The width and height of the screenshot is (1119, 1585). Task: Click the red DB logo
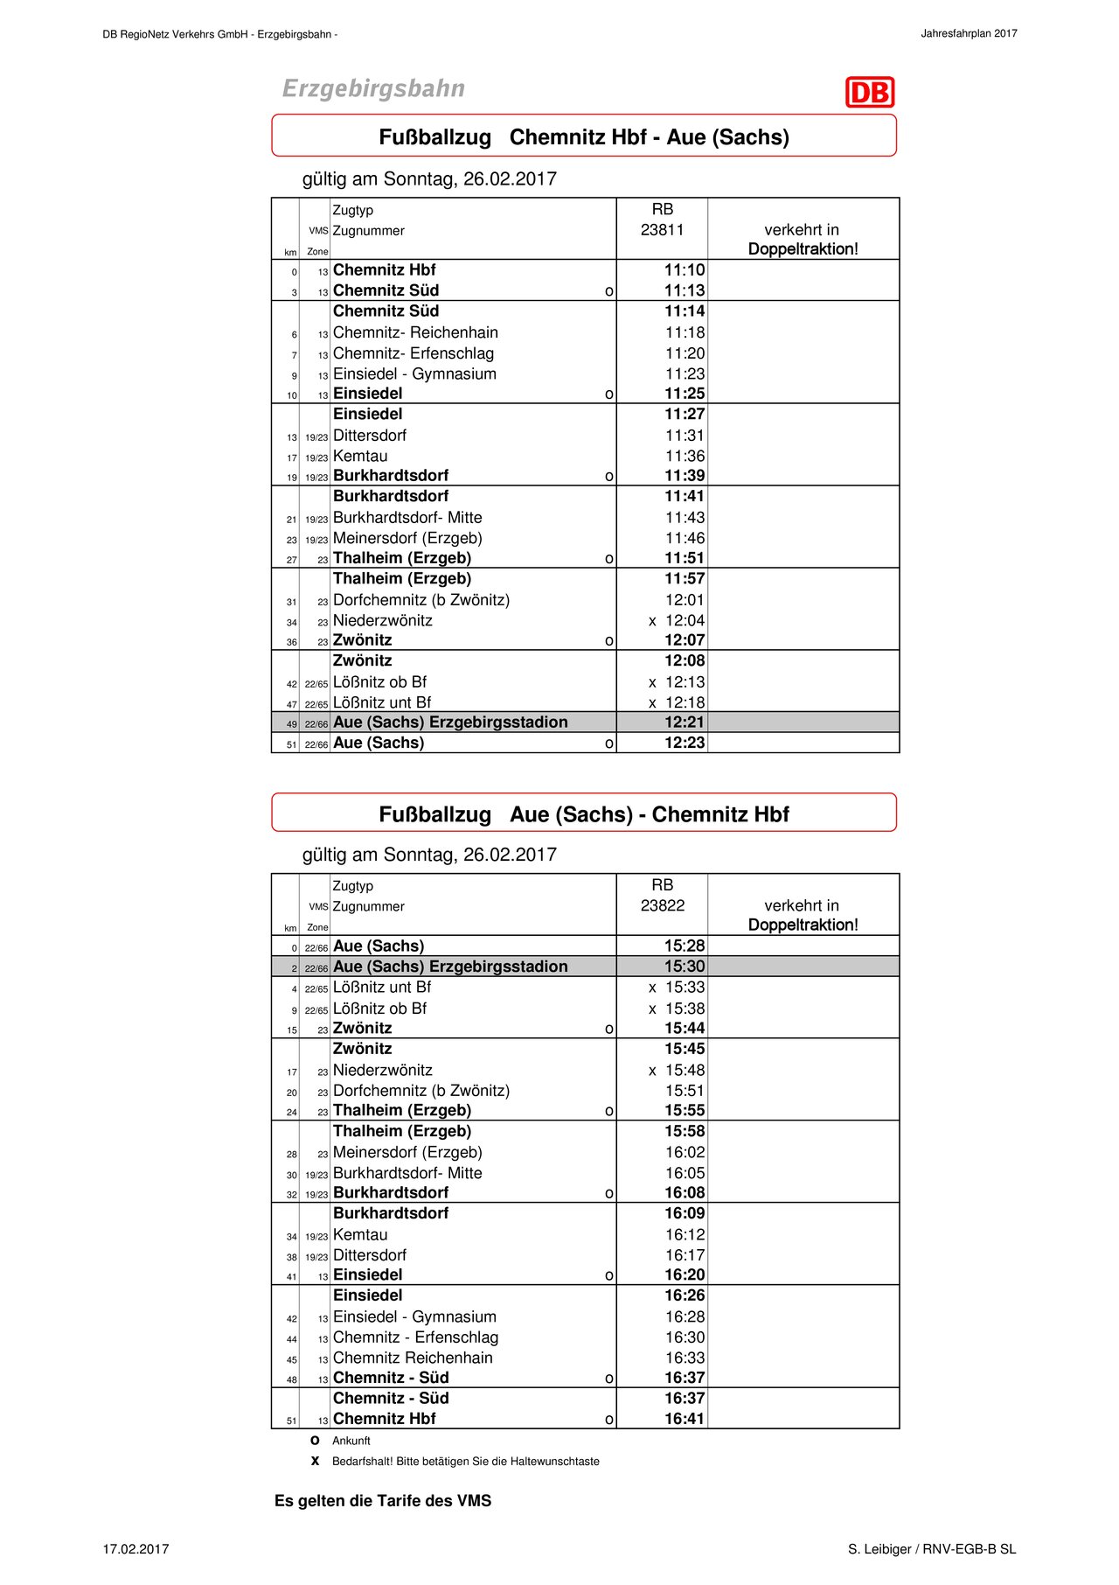tap(869, 93)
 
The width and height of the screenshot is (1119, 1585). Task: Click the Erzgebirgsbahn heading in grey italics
tap(373, 88)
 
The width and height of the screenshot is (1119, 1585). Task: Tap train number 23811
tap(662, 230)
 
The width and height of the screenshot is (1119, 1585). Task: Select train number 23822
tap(662, 905)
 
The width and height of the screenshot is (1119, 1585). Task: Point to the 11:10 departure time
tap(684, 270)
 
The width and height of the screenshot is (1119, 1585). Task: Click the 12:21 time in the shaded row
tap(684, 723)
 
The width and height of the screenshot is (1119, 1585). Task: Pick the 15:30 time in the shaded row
tap(684, 967)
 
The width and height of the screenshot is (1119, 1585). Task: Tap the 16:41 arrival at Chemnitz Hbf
tap(684, 1419)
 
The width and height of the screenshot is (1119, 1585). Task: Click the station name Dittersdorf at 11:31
tap(370, 436)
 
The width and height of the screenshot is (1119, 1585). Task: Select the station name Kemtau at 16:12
tap(360, 1235)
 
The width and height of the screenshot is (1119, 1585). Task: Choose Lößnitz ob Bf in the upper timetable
tap(379, 682)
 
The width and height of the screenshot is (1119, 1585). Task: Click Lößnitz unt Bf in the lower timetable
tap(382, 988)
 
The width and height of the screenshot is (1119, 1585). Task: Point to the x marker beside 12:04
tap(652, 622)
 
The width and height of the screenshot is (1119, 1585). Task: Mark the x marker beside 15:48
tap(652, 1072)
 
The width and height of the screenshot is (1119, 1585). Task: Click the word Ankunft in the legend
tap(351, 1441)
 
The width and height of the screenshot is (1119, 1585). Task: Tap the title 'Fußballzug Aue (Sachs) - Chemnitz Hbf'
tap(584, 814)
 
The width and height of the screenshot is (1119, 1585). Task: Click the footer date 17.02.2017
tap(136, 1549)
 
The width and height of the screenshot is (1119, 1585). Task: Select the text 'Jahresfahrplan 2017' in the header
tap(969, 34)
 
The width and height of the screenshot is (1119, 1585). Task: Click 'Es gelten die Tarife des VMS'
tap(383, 1501)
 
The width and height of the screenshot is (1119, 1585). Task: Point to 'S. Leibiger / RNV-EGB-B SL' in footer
tap(932, 1549)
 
